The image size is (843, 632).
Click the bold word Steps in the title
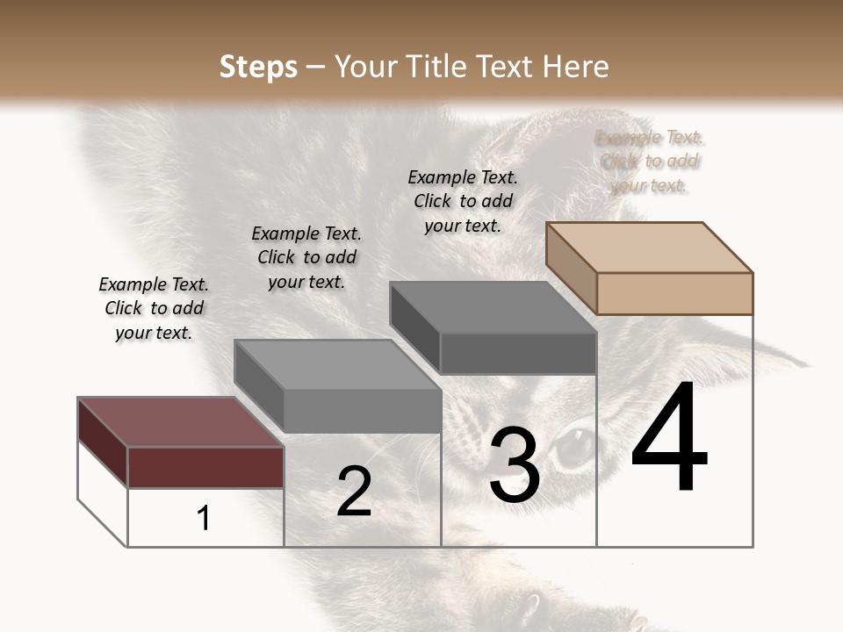(258, 67)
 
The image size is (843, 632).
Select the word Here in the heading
(575, 67)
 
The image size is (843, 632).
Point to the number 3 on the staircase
(515, 465)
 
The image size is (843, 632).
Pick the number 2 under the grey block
(354, 492)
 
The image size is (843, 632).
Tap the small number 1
(204, 518)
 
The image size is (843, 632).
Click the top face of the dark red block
(180, 421)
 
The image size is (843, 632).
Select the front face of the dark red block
(205, 467)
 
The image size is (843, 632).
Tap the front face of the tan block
(674, 293)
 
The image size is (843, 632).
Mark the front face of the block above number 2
(362, 411)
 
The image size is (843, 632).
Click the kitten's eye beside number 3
(575, 443)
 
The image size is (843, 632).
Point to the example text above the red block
(154, 308)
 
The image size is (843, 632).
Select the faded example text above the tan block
(650, 162)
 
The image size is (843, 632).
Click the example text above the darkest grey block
(463, 201)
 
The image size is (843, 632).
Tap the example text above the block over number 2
(306, 257)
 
